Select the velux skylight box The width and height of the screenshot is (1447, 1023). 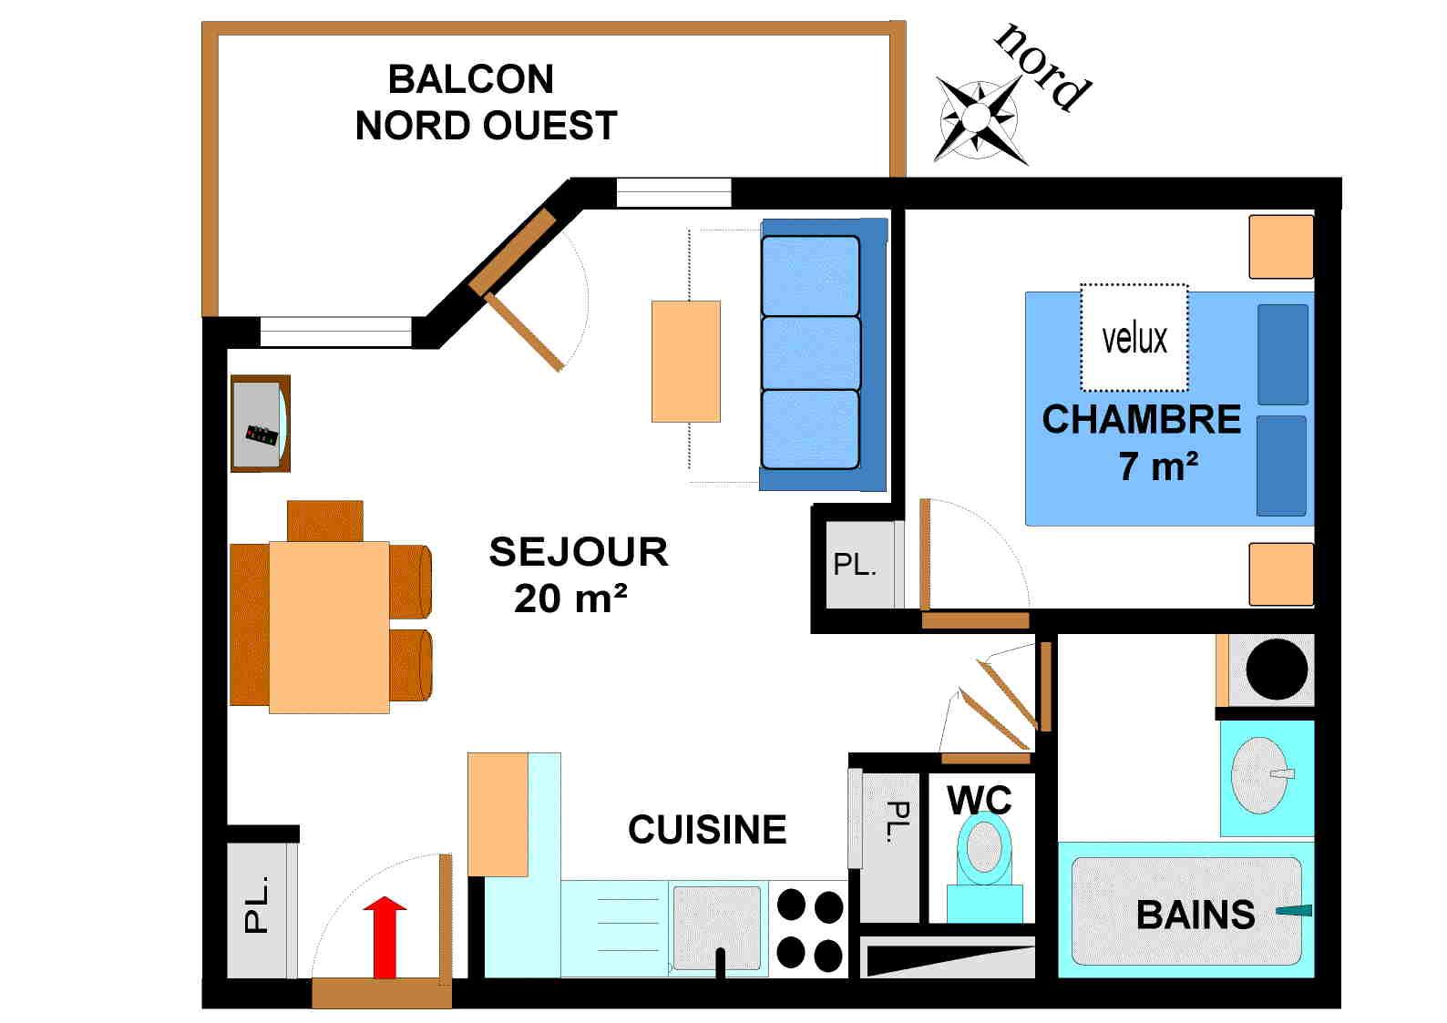click(x=1134, y=337)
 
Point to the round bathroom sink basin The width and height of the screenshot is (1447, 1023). click(x=1259, y=774)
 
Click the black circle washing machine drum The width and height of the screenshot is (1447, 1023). click(x=1276, y=670)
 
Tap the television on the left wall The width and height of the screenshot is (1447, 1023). click(x=261, y=424)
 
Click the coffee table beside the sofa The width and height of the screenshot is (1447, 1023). click(x=685, y=362)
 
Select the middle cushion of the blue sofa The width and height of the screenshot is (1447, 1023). click(x=810, y=353)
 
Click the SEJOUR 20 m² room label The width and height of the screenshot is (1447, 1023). click(x=578, y=575)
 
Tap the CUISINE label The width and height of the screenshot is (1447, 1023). click(x=707, y=830)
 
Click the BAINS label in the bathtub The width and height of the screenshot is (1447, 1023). click(x=1195, y=915)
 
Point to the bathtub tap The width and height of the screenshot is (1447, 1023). click(x=1294, y=910)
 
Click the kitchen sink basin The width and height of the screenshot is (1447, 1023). click(x=716, y=927)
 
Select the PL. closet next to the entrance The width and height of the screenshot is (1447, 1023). click(x=259, y=908)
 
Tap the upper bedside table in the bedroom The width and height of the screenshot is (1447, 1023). click(x=1280, y=246)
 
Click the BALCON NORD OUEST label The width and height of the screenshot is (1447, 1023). click(x=486, y=103)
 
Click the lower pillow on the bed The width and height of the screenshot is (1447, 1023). click(x=1281, y=465)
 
